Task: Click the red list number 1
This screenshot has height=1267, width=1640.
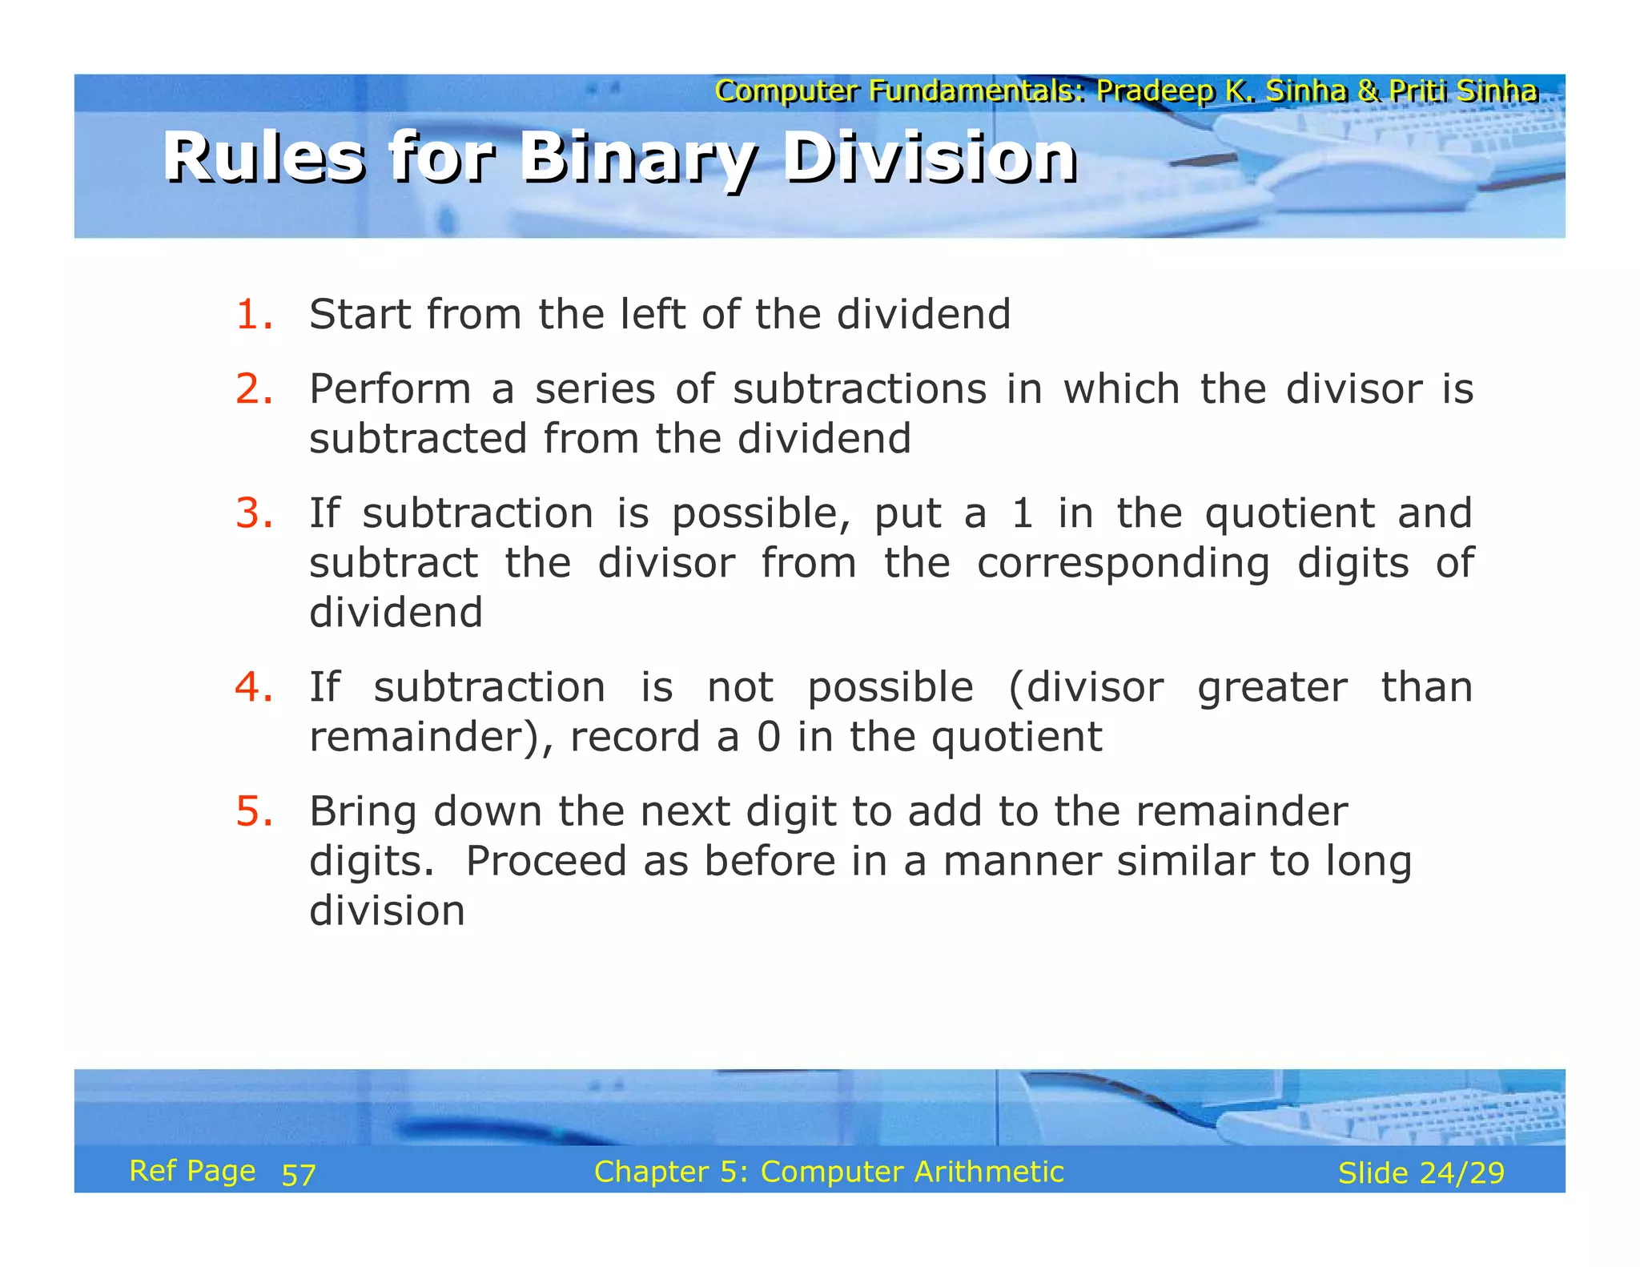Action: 253,314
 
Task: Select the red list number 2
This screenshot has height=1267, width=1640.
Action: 253,389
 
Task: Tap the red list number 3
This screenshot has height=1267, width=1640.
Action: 253,513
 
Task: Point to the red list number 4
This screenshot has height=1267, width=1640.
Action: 253,687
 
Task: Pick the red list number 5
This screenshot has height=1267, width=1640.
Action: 253,811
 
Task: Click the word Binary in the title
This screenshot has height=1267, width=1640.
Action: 637,159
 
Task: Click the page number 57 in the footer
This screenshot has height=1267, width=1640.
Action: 299,1175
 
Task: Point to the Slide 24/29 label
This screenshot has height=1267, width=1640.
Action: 1421,1173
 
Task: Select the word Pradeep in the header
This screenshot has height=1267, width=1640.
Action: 1155,91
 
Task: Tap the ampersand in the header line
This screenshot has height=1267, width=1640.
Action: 1368,91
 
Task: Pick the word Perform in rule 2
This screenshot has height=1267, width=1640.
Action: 390,389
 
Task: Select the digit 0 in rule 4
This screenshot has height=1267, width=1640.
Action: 768,737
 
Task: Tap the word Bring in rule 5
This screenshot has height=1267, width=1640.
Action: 363,812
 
